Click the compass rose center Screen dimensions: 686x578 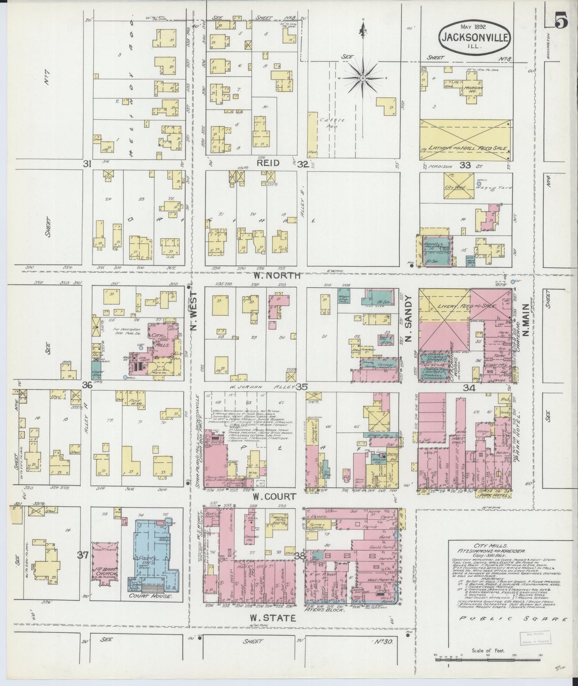[x=362, y=78]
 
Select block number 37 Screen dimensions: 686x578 [x=83, y=555]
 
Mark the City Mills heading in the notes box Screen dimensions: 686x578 [x=485, y=546]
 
